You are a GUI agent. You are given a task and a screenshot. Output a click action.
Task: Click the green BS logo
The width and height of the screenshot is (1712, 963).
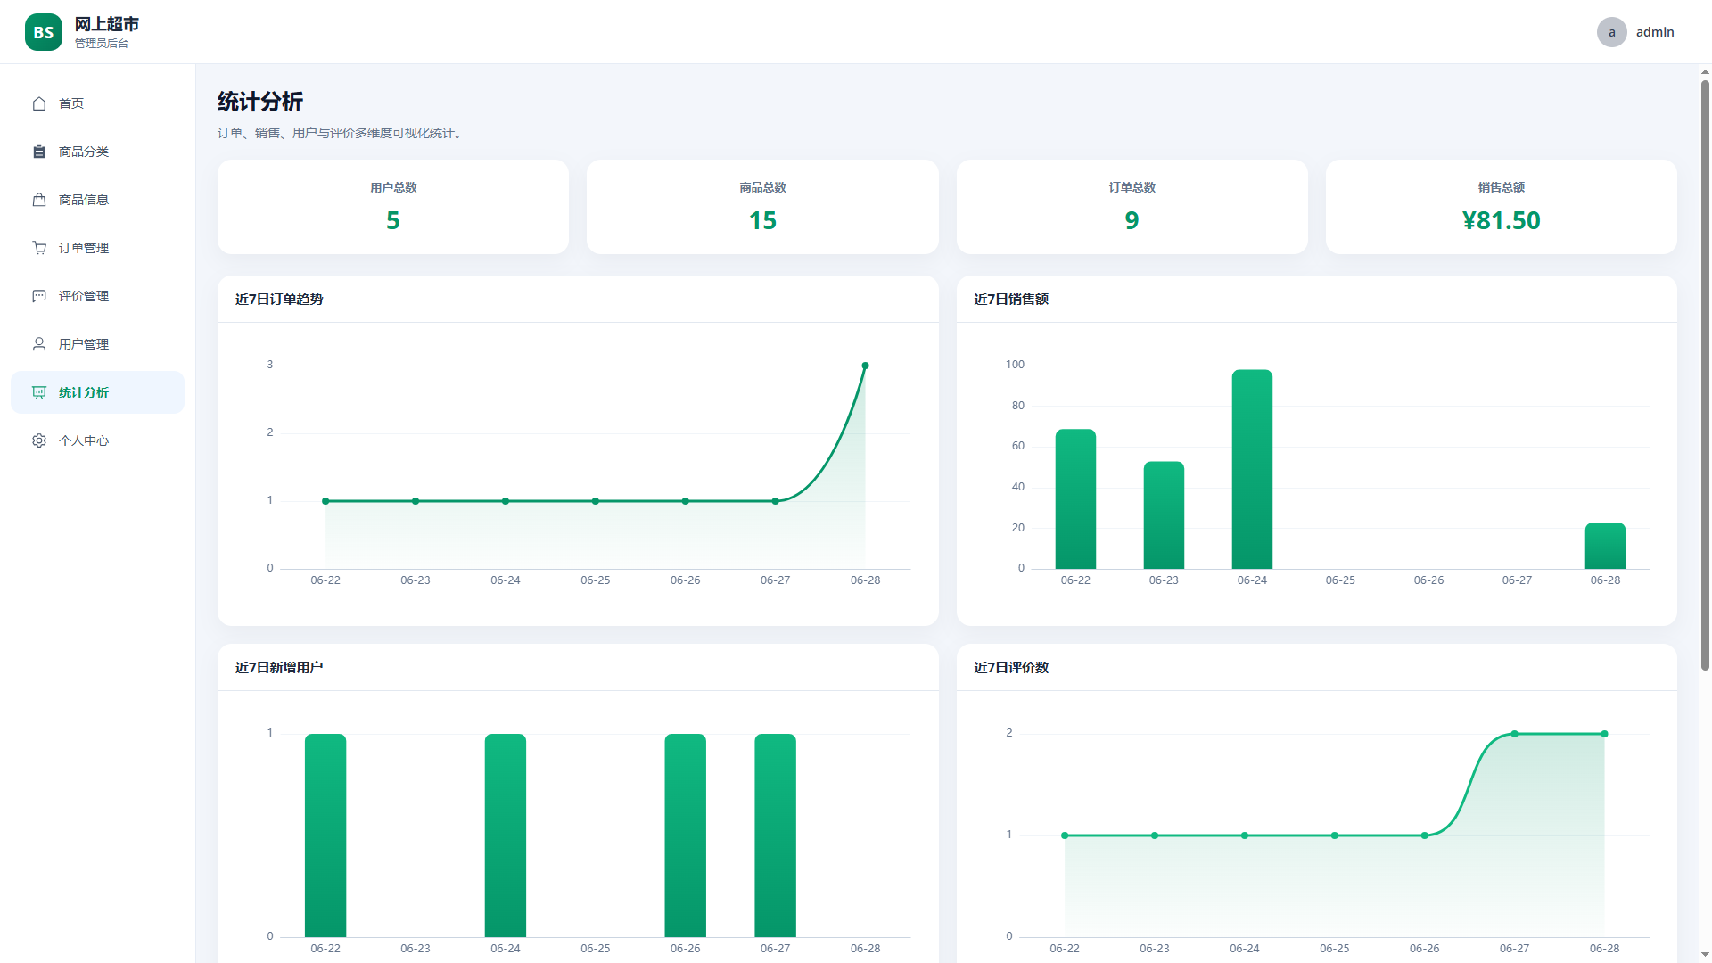pos(44,32)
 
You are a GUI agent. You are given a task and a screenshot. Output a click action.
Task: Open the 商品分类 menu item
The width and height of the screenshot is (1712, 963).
pos(84,152)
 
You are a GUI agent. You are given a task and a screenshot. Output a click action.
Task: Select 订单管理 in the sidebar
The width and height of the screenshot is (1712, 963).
pos(84,248)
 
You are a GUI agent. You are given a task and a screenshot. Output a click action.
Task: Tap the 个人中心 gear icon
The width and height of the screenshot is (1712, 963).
pos(39,440)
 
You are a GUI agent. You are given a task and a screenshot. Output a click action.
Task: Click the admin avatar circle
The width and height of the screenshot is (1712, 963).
pos(1611,32)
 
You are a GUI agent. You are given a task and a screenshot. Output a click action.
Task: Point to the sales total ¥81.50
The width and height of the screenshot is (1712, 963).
pos(1501,220)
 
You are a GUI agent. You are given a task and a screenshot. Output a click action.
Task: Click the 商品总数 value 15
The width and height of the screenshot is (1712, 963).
pos(762,220)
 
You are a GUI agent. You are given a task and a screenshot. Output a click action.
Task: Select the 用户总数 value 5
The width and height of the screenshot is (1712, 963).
pos(393,220)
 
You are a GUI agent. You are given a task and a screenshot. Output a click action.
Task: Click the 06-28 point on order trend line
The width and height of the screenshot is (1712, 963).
pos(865,366)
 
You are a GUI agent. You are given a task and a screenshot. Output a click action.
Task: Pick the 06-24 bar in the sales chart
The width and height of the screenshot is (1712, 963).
pos(1252,469)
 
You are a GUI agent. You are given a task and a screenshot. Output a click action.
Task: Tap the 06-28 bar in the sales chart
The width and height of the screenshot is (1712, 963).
pos(1605,546)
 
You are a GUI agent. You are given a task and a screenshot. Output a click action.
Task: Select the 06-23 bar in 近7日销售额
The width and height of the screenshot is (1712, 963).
pos(1164,515)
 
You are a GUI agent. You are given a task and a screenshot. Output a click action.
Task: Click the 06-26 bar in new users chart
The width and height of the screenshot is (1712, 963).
pos(685,835)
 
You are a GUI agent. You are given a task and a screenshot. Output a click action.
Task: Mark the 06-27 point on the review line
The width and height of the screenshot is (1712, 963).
pos(1514,734)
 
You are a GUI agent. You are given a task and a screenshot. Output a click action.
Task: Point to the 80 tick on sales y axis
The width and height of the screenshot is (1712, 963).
pos(1018,406)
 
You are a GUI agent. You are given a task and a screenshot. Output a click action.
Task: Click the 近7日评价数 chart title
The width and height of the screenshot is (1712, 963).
pos(1011,668)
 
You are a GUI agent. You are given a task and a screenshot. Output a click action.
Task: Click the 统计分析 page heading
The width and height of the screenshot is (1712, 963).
pos(260,102)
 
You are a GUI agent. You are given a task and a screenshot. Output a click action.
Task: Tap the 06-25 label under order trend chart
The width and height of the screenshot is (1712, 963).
pos(596,580)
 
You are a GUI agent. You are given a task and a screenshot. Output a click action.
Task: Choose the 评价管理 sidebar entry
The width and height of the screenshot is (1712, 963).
pos(84,296)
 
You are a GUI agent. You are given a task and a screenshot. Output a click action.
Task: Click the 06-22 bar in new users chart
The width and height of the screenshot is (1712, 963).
pos(325,835)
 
